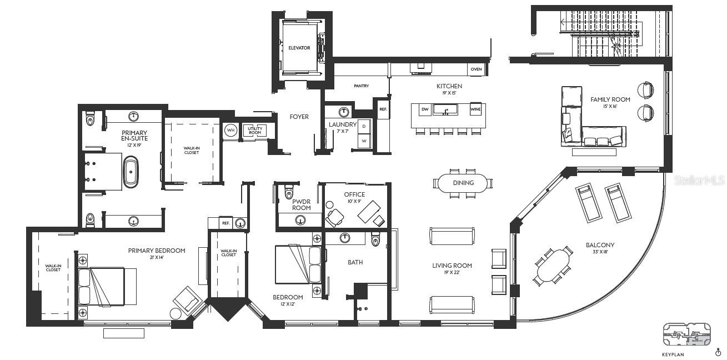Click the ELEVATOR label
pos(299,48)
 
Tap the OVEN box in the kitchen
pos(476,69)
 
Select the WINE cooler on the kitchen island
pos(475,109)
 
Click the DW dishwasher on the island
pos(424,109)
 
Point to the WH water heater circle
pos(230,131)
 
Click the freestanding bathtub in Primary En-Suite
pos(131,172)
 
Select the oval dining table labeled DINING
pos(463,183)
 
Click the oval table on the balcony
pos(553,266)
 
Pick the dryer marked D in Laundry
pos(364,126)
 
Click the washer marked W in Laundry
pos(364,141)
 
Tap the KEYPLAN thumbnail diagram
pos(686,334)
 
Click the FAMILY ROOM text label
pos(610,99)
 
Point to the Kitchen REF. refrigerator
pos(383,109)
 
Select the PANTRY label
pos(361,86)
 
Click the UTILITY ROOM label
pos(255,131)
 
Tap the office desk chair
pos(334,217)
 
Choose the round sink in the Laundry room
pos(344,112)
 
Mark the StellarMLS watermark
pos(699,181)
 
